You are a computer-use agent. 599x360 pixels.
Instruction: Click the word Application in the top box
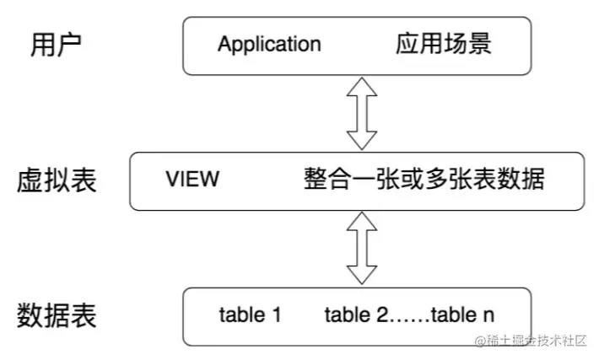click(x=269, y=44)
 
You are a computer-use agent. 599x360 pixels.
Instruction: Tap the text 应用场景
click(x=443, y=44)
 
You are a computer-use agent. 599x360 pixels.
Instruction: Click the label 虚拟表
click(x=57, y=180)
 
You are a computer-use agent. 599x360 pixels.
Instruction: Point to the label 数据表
click(x=57, y=316)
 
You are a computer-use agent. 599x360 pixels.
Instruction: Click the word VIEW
click(x=192, y=180)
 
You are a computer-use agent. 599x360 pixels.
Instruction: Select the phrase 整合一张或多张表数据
click(x=424, y=180)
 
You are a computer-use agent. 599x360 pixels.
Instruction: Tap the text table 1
click(x=250, y=316)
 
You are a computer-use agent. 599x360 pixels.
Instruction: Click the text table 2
click(x=359, y=316)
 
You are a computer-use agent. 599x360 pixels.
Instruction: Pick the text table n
click(x=463, y=316)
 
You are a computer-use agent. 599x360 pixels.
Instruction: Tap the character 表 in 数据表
click(x=84, y=316)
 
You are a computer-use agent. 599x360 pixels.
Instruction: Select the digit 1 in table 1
click(x=275, y=316)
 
